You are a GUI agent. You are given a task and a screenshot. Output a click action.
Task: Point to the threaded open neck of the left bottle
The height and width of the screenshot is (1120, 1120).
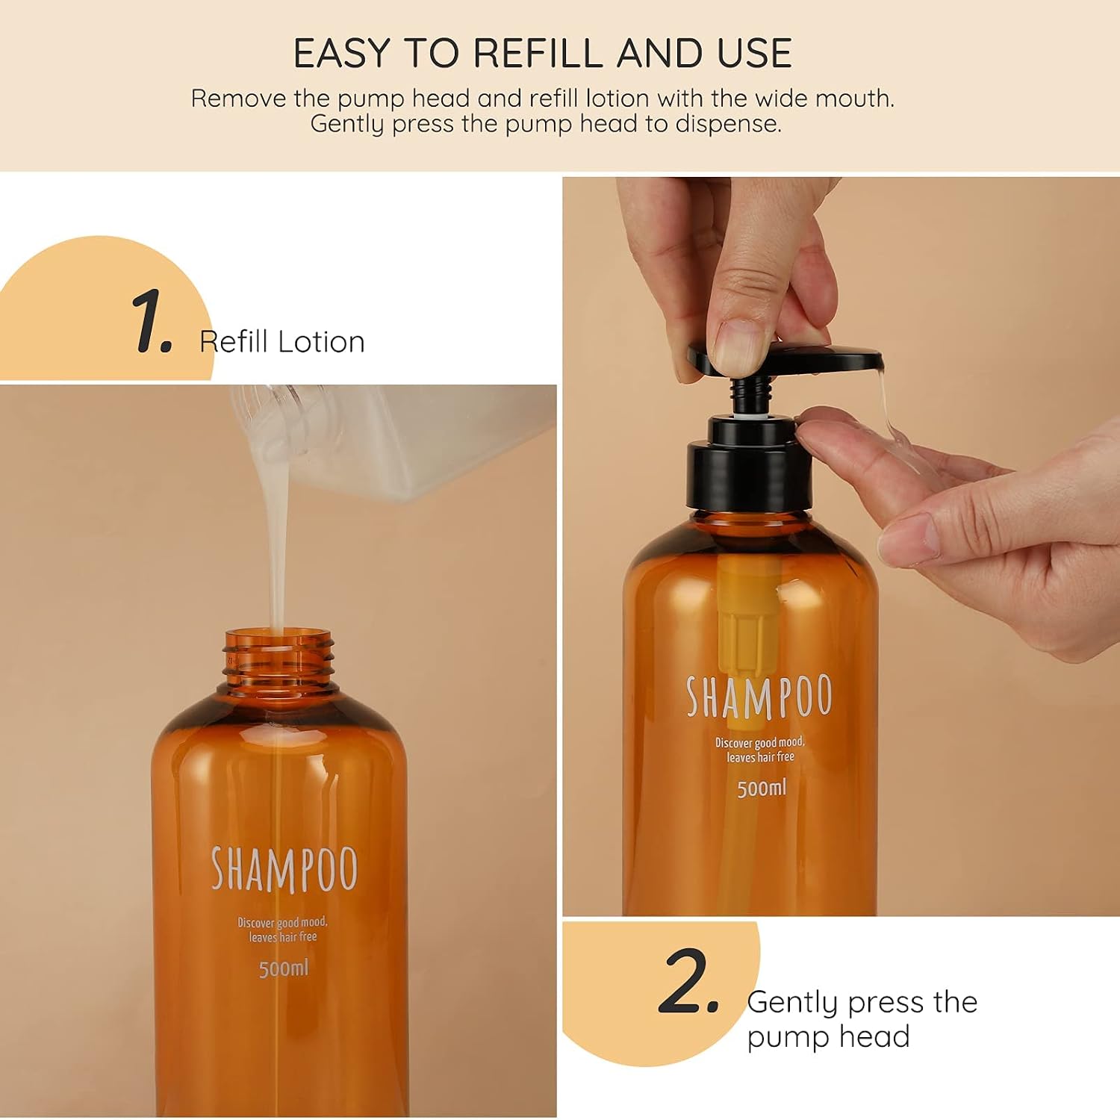pyautogui.click(x=278, y=661)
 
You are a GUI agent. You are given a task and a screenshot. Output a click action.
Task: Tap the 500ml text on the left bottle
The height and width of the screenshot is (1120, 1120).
pyautogui.click(x=283, y=969)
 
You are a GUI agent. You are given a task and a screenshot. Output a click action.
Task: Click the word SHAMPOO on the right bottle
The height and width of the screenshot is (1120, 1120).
pyautogui.click(x=759, y=697)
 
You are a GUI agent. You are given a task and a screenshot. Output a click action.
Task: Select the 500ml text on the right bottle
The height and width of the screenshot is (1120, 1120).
pyautogui.click(x=762, y=788)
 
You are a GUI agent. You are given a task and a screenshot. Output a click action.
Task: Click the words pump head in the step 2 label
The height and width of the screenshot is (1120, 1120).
pyautogui.click(x=828, y=1037)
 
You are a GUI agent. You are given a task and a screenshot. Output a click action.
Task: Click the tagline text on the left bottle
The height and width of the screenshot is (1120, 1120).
pyautogui.click(x=283, y=930)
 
